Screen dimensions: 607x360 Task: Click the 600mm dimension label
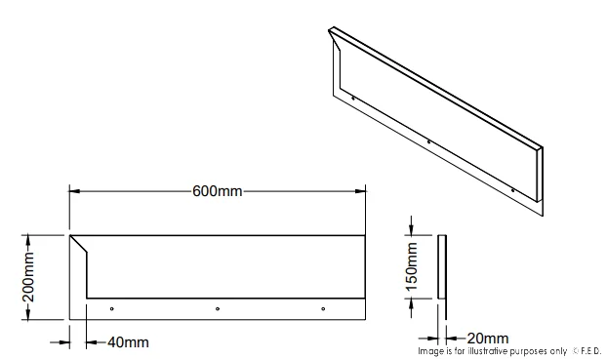click(218, 191)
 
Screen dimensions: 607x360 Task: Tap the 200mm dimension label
click(28, 277)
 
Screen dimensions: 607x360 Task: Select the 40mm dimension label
click(128, 342)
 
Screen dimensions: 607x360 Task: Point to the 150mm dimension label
click(412, 266)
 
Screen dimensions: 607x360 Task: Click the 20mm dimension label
click(488, 339)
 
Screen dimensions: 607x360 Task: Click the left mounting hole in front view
click(112, 309)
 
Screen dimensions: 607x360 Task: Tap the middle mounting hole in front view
click(218, 309)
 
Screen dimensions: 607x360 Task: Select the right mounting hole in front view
click(323, 309)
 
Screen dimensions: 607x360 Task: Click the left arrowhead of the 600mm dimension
click(75, 191)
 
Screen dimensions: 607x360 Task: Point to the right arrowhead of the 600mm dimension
click(360, 191)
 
